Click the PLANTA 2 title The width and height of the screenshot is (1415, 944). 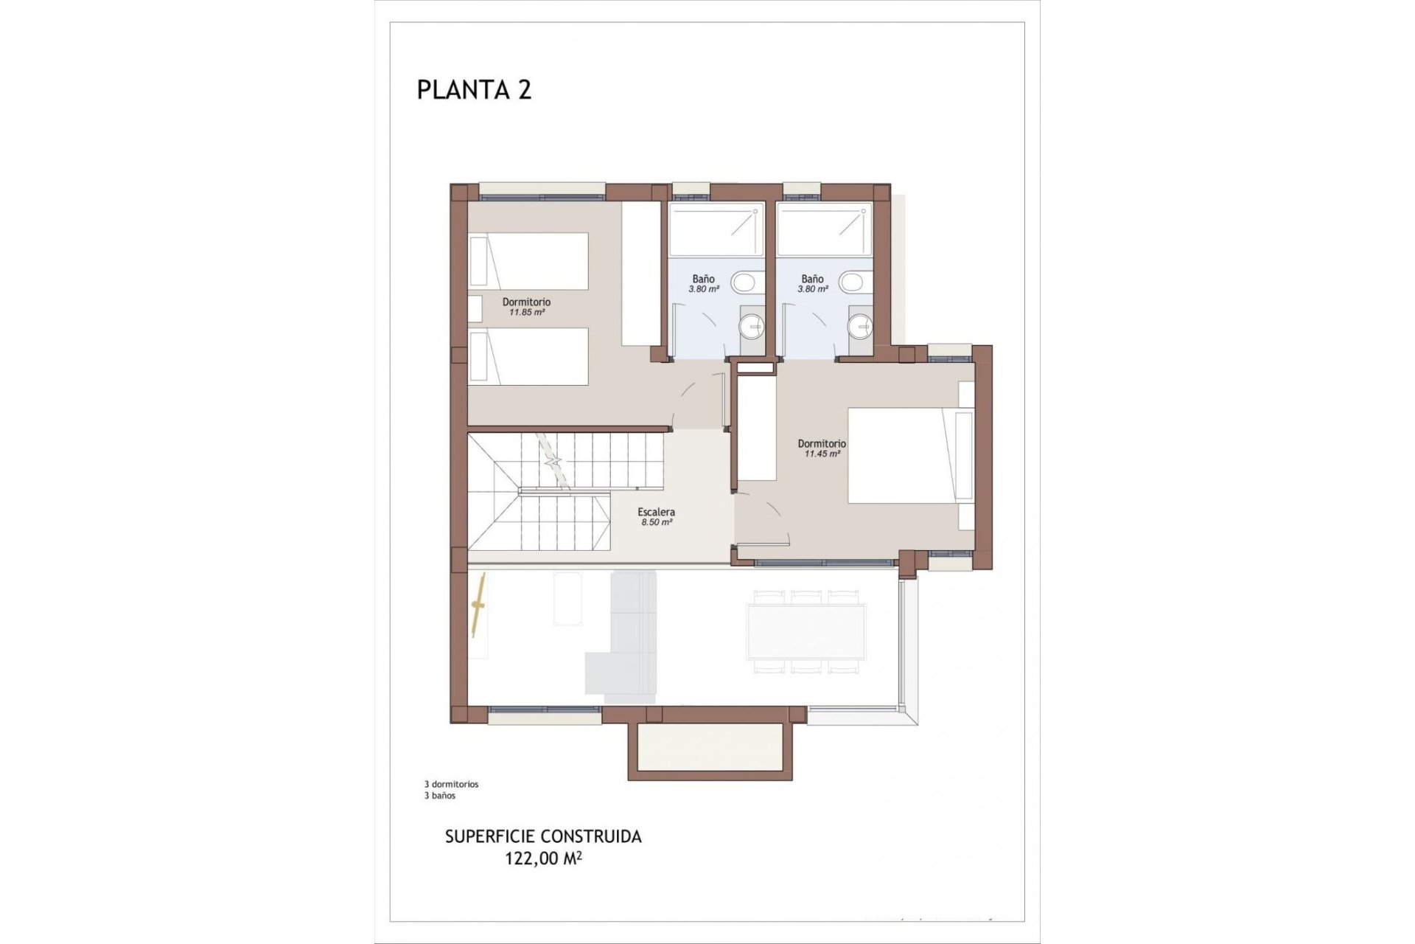(474, 90)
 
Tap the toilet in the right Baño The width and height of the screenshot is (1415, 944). (853, 282)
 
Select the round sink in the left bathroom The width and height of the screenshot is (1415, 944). (751, 324)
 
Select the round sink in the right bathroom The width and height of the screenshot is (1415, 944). (859, 324)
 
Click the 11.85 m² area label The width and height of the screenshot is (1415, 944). (526, 313)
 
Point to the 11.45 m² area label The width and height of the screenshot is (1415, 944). (822, 454)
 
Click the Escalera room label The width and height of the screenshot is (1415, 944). (656, 512)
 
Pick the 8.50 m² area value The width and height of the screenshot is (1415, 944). (656, 522)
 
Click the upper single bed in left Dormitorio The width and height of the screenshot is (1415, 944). (529, 261)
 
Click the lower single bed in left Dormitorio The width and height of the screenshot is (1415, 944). (529, 356)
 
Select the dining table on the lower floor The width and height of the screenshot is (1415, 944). (806, 631)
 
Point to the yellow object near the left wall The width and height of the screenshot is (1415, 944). (479, 605)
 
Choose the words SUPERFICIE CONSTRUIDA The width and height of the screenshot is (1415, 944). (543, 837)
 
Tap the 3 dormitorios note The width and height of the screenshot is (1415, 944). (451, 784)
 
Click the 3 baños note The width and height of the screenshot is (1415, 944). (440, 796)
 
